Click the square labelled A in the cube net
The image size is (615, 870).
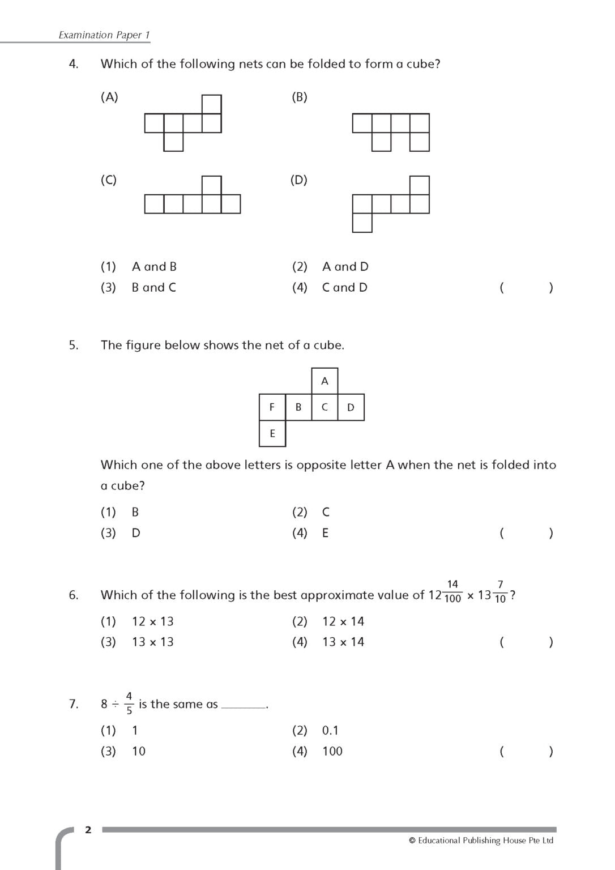324,381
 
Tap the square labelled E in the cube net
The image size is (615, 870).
272,433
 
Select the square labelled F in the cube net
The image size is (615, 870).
272,407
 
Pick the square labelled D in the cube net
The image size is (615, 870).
351,407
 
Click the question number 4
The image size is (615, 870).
74,64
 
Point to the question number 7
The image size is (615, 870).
74,704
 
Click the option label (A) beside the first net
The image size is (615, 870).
109,97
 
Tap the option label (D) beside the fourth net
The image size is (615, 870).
299,180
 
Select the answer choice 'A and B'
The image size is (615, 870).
154,266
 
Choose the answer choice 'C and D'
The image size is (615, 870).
344,287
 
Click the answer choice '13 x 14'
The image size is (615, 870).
343,642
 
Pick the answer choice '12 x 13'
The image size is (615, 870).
153,621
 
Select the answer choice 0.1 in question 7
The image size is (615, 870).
330,731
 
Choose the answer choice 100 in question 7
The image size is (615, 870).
332,751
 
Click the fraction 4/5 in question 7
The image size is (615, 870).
129,703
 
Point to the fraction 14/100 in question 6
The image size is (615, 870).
452,591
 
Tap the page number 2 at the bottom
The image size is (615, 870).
88,830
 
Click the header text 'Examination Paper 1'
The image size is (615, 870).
104,35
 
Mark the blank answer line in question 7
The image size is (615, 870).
244,707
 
